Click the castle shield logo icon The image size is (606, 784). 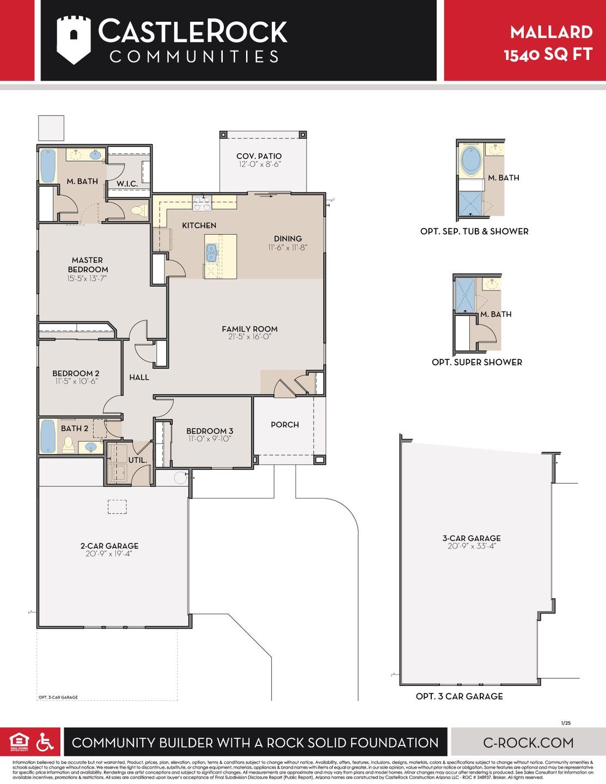[x=73, y=40]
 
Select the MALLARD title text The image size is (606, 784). [x=551, y=32]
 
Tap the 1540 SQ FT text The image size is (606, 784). [x=548, y=54]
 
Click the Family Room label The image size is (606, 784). [x=249, y=329]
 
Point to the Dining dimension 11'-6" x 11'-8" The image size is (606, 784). [x=287, y=247]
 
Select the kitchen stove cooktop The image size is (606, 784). [x=201, y=204]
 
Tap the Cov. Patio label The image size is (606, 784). [x=259, y=156]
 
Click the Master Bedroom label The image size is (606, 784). [x=88, y=265]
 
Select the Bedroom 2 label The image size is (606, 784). [x=76, y=373]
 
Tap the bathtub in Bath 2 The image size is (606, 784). [x=48, y=436]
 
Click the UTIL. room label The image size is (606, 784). [x=137, y=460]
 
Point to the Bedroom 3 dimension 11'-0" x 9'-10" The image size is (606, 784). [x=210, y=439]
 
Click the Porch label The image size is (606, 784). [x=285, y=425]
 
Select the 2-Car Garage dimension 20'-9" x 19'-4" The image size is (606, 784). [x=109, y=554]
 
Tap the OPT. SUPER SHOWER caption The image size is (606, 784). [x=476, y=362]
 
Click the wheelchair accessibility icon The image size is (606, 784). [x=45, y=742]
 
